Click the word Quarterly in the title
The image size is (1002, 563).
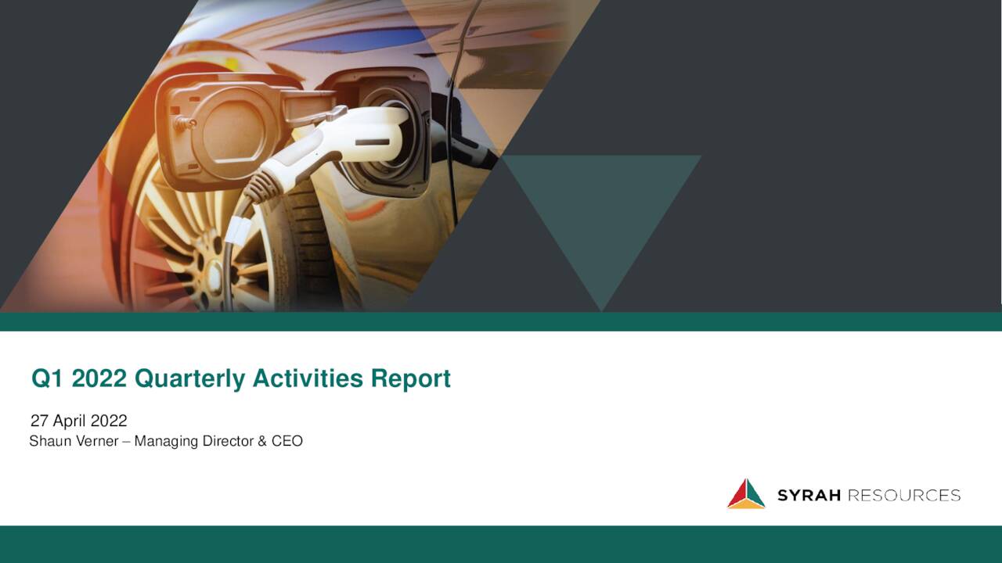pos(189,379)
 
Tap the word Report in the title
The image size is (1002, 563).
pos(411,379)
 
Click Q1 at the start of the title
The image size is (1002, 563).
pos(48,378)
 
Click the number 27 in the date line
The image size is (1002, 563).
pos(39,421)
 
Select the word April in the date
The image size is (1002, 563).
pos(70,421)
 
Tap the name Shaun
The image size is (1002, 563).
pos(52,441)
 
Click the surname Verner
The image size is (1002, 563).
pos(97,441)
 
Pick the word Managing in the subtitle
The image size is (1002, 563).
pos(166,442)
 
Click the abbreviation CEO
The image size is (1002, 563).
pos(287,441)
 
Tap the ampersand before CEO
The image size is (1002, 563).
pos(262,441)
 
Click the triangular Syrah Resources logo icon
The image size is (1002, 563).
pos(746,494)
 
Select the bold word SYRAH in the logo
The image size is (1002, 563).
pos(809,496)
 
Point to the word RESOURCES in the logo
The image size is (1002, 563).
pos(904,496)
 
